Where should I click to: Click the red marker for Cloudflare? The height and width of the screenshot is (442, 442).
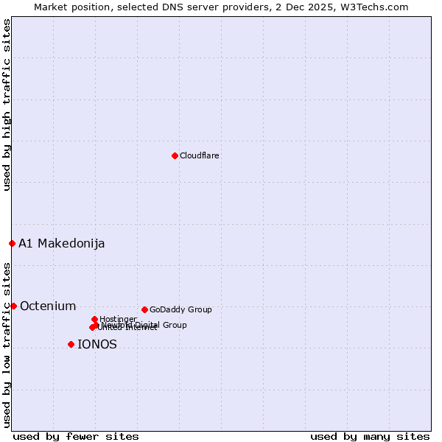click(x=175, y=155)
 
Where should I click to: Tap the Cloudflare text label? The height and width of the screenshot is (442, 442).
click(x=199, y=155)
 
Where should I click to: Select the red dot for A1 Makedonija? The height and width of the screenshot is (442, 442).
click(x=12, y=243)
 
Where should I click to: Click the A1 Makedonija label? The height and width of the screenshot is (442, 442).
click(x=61, y=243)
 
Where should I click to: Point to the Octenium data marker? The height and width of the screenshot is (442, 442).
click(x=13, y=306)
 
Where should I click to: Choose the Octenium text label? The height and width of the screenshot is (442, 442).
click(x=48, y=306)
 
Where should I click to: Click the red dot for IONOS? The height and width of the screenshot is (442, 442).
click(x=71, y=344)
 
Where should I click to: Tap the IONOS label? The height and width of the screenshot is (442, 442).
click(x=97, y=344)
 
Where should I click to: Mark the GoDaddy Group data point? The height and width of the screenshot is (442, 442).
click(x=144, y=309)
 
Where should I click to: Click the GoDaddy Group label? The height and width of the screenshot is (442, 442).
click(x=180, y=309)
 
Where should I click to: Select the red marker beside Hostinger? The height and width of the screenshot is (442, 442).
click(x=94, y=319)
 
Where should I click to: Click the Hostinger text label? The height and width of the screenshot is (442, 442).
click(x=119, y=319)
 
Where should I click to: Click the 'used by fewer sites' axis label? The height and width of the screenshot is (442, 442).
click(x=76, y=436)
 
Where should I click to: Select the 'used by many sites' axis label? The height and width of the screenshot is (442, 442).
click(x=369, y=436)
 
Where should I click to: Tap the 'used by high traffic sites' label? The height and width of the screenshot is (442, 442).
click(x=7, y=105)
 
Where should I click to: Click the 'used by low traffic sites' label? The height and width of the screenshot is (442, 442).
click(x=7, y=344)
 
